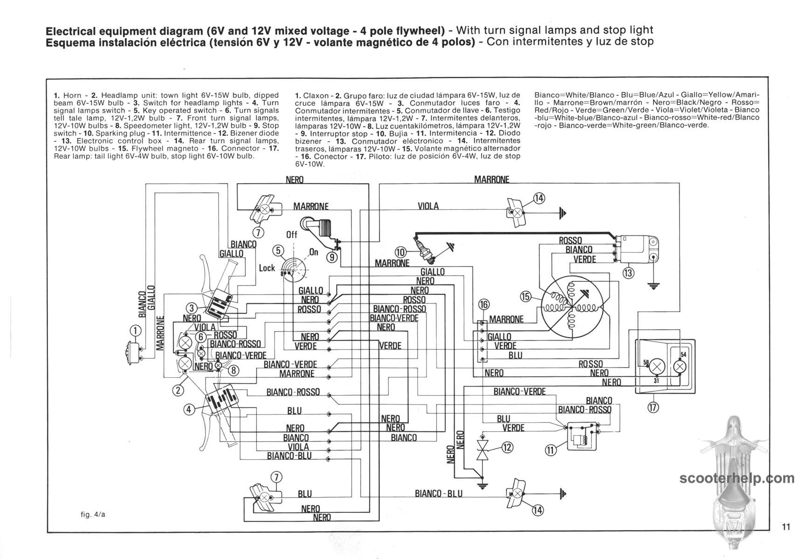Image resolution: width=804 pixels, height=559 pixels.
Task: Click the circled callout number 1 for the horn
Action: (135, 330)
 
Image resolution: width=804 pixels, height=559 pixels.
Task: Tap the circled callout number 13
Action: (628, 273)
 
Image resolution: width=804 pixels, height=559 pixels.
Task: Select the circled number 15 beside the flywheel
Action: (526, 296)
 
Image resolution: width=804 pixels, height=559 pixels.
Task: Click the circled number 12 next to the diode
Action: (507, 447)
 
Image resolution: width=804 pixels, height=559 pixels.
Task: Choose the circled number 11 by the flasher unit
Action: (550, 450)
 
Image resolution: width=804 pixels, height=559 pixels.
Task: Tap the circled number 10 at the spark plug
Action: (400, 252)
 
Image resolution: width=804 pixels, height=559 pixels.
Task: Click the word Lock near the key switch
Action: (267, 268)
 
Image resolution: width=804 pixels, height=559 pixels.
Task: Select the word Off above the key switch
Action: (292, 234)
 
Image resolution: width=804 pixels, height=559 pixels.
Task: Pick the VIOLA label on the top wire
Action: (428, 206)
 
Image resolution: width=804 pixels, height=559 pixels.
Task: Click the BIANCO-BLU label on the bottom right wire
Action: (439, 493)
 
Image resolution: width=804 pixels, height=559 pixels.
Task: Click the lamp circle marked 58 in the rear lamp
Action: (657, 366)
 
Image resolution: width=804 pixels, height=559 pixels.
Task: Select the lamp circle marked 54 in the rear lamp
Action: (680, 367)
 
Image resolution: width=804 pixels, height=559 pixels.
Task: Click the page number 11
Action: (786, 527)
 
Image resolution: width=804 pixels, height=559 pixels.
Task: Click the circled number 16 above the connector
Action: (484, 305)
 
